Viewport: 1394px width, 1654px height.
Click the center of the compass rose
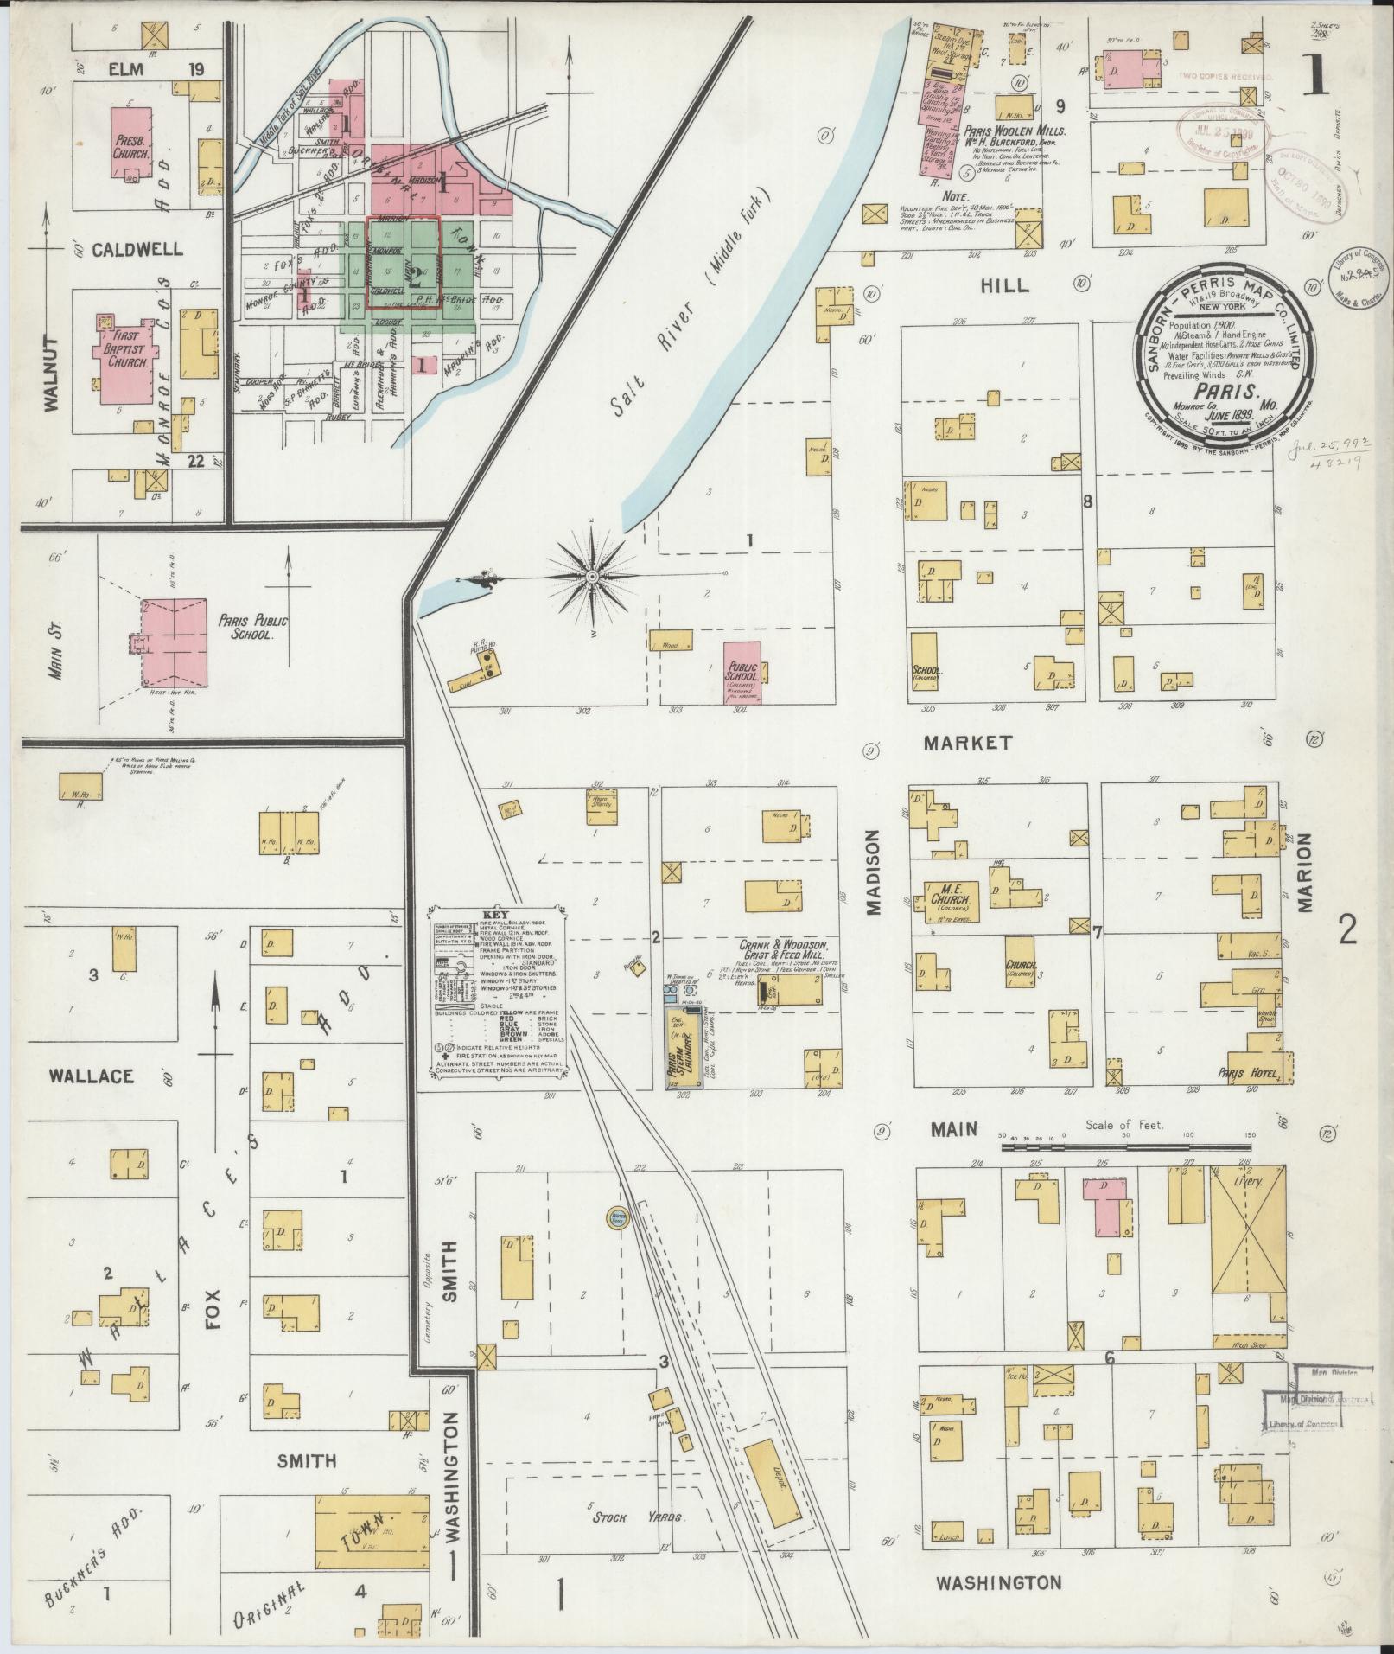coord(593,577)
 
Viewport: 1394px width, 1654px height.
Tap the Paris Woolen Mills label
coord(1019,131)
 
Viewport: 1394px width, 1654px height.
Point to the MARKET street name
coord(966,743)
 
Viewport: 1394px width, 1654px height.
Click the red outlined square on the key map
coord(404,263)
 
